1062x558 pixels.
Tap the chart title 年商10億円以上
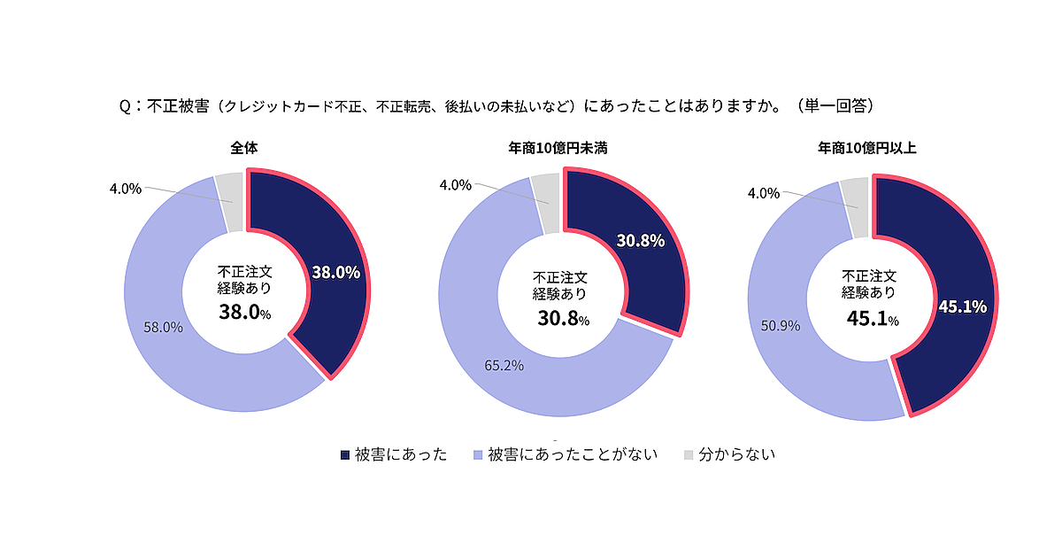point(866,148)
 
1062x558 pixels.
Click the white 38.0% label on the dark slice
point(336,273)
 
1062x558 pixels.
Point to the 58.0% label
point(163,327)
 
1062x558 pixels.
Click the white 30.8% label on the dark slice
point(641,240)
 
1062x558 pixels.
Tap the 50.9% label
point(780,325)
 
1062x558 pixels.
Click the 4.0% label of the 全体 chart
point(126,188)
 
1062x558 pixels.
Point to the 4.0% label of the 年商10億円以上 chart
point(763,192)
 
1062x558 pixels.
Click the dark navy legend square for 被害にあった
point(345,455)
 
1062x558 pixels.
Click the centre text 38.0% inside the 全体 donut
point(244,312)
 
